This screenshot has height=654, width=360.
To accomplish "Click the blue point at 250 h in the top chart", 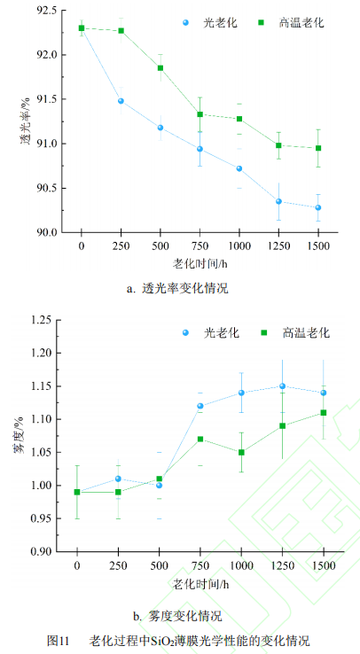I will [121, 101].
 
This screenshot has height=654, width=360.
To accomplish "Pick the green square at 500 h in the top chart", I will [160, 68].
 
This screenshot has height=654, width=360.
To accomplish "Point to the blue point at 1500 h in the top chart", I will [317, 207].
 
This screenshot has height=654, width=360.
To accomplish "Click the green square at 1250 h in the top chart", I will [278, 145].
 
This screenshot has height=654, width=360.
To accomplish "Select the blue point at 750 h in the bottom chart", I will [200, 406].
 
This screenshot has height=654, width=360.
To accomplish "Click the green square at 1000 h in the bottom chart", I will [240, 452].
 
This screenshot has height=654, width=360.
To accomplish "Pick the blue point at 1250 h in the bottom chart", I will [282, 385].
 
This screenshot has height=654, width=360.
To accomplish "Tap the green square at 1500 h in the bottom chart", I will [323, 412].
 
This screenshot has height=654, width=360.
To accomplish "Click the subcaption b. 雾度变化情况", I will [177, 616].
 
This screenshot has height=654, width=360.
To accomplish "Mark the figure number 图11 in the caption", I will [59, 640].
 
